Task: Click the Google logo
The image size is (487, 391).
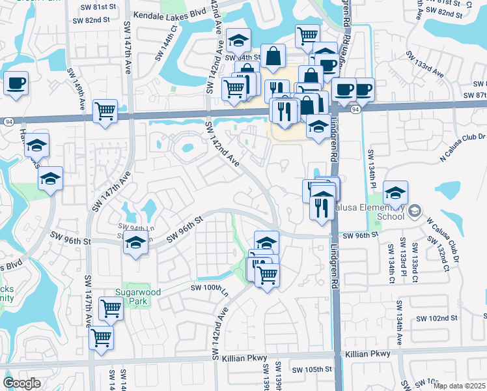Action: (x=22, y=383)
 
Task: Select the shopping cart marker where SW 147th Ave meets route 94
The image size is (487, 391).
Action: (x=105, y=111)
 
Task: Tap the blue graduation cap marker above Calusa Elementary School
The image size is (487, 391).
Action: (x=395, y=193)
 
